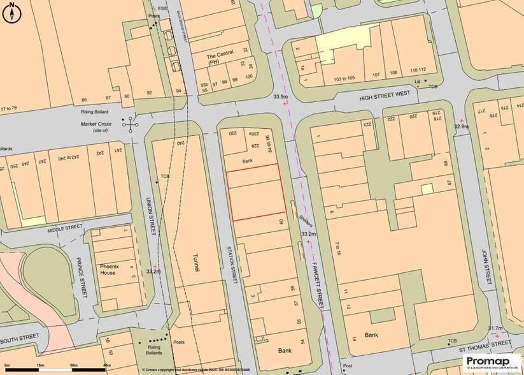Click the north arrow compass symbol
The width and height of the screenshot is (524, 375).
tap(12, 12)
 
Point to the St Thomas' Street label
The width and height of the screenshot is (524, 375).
tap(485, 349)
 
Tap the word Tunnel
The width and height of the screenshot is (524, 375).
tap(196, 262)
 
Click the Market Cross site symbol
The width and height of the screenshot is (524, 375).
tap(132, 124)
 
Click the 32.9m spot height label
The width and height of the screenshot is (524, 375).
tap(462, 126)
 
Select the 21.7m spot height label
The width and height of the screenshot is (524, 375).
tap(495, 328)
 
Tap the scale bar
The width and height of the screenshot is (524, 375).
tap(54, 369)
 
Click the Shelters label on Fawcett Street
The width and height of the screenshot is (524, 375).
tap(304, 222)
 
